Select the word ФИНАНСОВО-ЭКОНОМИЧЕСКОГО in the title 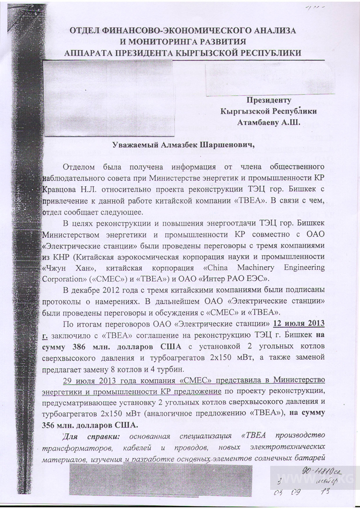[172, 31]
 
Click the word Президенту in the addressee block [269, 100]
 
